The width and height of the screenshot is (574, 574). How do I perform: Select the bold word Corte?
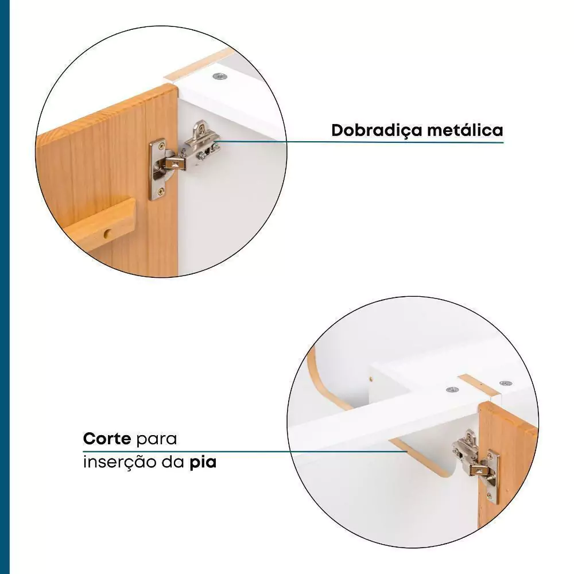pyautogui.click(x=107, y=438)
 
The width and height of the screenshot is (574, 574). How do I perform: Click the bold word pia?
pyautogui.click(x=203, y=463)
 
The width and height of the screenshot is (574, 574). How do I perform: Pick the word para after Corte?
pyautogui.click(x=156, y=439)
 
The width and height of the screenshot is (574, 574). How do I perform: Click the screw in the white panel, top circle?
pyautogui.click(x=220, y=76)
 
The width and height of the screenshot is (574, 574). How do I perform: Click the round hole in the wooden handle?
pyautogui.click(x=107, y=233)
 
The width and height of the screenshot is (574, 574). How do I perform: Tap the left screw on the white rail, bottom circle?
pyautogui.click(x=452, y=390)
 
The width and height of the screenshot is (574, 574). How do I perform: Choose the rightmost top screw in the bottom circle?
pyautogui.click(x=506, y=383)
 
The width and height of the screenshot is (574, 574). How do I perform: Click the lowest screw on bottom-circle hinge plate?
pyautogui.click(x=490, y=496)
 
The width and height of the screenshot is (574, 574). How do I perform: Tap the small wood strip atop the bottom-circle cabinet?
pyautogui.click(x=479, y=386)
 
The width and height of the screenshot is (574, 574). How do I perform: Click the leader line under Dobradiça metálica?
pyautogui.click(x=361, y=142)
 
